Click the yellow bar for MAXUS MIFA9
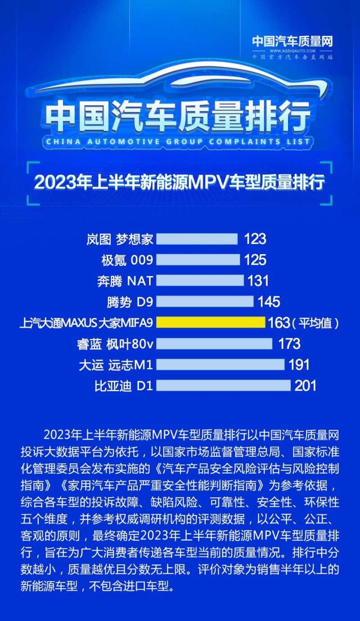211,322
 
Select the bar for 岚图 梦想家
197,239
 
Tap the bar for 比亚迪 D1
223,385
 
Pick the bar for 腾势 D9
205,301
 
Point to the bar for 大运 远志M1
220,364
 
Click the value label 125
256,260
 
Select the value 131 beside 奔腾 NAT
258,281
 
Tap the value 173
289,344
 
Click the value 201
306,385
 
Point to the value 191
299,364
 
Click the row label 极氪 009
128,260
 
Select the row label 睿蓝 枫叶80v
115,344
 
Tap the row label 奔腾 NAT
125,281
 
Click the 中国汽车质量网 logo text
292,42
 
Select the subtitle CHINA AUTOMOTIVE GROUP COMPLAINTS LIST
178,142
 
